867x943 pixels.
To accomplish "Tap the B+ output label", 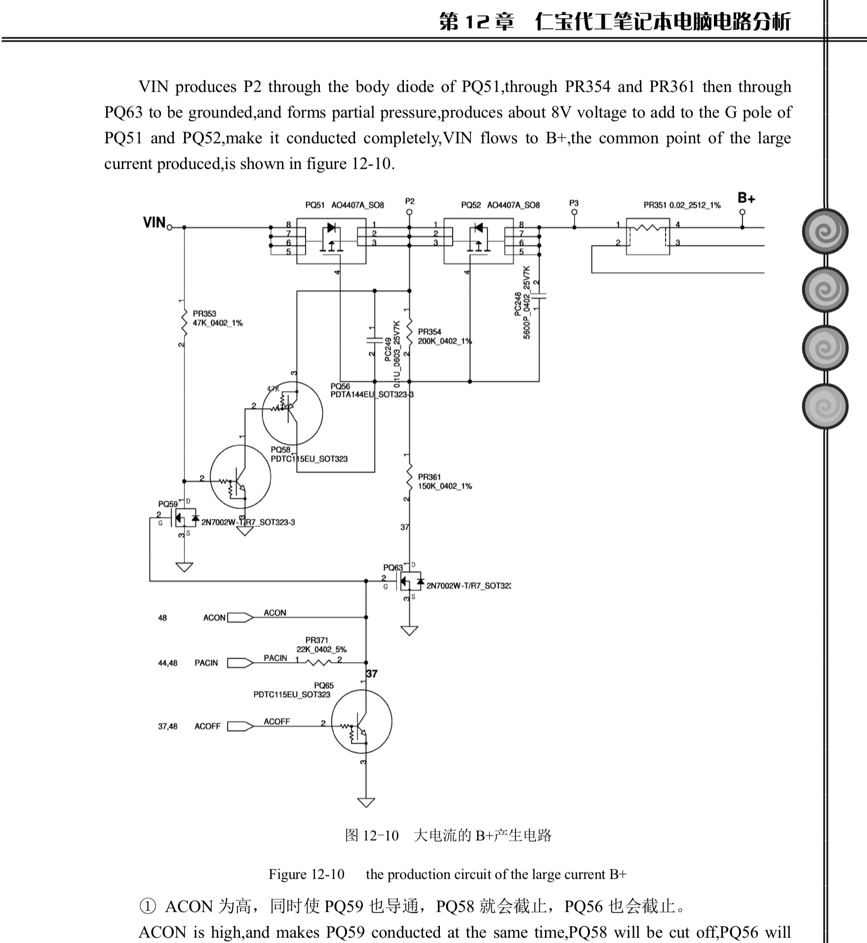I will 746,198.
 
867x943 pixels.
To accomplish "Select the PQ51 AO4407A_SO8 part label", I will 344,205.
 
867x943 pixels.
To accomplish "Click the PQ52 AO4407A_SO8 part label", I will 500,205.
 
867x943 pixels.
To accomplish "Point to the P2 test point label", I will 409,201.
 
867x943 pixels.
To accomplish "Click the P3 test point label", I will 573,203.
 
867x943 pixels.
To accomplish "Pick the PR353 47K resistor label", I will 217,318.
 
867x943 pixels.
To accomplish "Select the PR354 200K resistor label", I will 444,337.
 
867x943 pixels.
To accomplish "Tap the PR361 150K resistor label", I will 444,481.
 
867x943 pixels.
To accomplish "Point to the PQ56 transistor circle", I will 292,414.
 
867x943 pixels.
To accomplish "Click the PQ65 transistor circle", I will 361,721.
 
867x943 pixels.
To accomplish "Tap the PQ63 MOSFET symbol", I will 409,581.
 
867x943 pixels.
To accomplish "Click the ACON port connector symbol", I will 240,618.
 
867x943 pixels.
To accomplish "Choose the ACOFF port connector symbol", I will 240,726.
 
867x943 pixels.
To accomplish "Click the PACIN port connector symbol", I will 240,663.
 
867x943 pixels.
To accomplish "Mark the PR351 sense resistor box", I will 647,236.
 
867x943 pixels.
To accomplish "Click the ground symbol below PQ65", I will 366,802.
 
